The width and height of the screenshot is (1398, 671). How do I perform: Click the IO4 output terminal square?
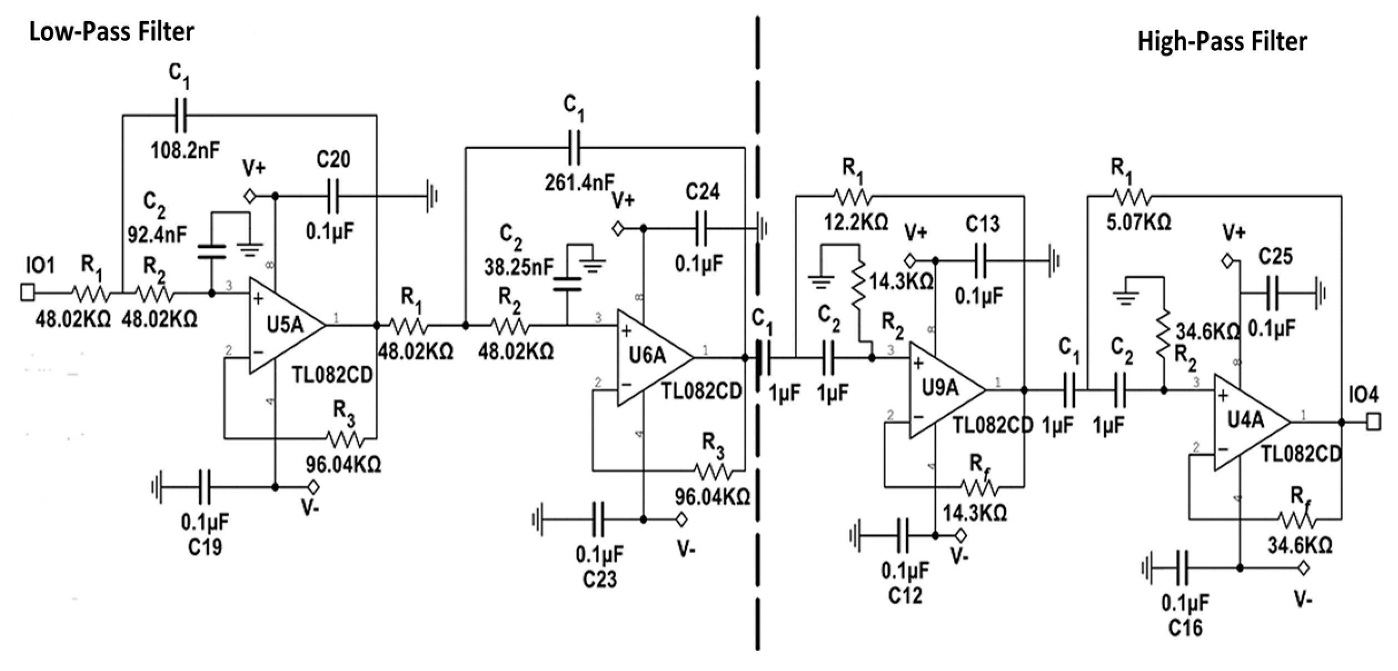coord(1373,423)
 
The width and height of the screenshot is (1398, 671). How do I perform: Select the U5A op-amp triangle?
coord(283,325)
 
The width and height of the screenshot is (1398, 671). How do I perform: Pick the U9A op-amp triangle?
coord(942,389)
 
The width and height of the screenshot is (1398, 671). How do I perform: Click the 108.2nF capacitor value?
coord(185,150)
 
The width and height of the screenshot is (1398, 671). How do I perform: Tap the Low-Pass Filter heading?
coord(112,32)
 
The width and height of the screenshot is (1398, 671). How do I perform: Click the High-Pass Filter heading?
coord(1222,42)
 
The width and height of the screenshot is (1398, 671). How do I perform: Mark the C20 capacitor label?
coord(334,160)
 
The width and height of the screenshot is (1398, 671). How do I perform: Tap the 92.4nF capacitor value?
coord(157,235)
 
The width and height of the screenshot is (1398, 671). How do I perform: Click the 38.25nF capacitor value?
coord(519,267)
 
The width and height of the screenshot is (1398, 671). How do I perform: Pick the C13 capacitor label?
coord(982,224)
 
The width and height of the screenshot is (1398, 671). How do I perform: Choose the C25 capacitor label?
coord(1275,256)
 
